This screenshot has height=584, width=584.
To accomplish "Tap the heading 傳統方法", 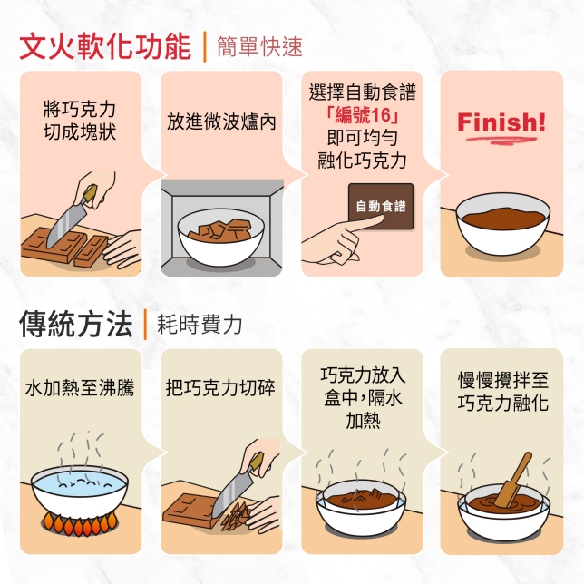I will tap(75, 324).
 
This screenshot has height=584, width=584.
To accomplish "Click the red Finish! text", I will tap(501, 122).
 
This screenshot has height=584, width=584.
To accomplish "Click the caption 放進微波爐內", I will tap(221, 122).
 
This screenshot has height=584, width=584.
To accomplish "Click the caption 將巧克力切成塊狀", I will tap(80, 122).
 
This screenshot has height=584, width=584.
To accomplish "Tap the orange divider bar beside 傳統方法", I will tap(145, 324).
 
